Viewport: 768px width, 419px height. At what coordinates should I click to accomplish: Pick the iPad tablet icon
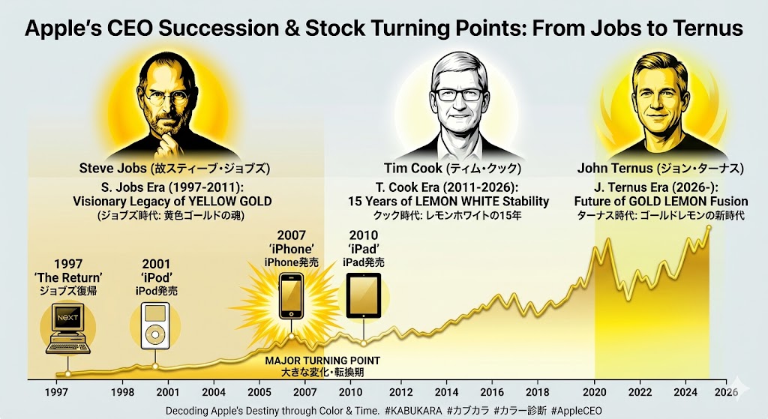(364, 296)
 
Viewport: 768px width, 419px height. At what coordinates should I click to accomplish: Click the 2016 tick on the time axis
(491, 391)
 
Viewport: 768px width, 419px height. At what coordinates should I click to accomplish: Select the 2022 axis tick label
(640, 391)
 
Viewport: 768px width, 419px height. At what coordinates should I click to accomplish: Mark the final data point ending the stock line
(709, 227)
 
